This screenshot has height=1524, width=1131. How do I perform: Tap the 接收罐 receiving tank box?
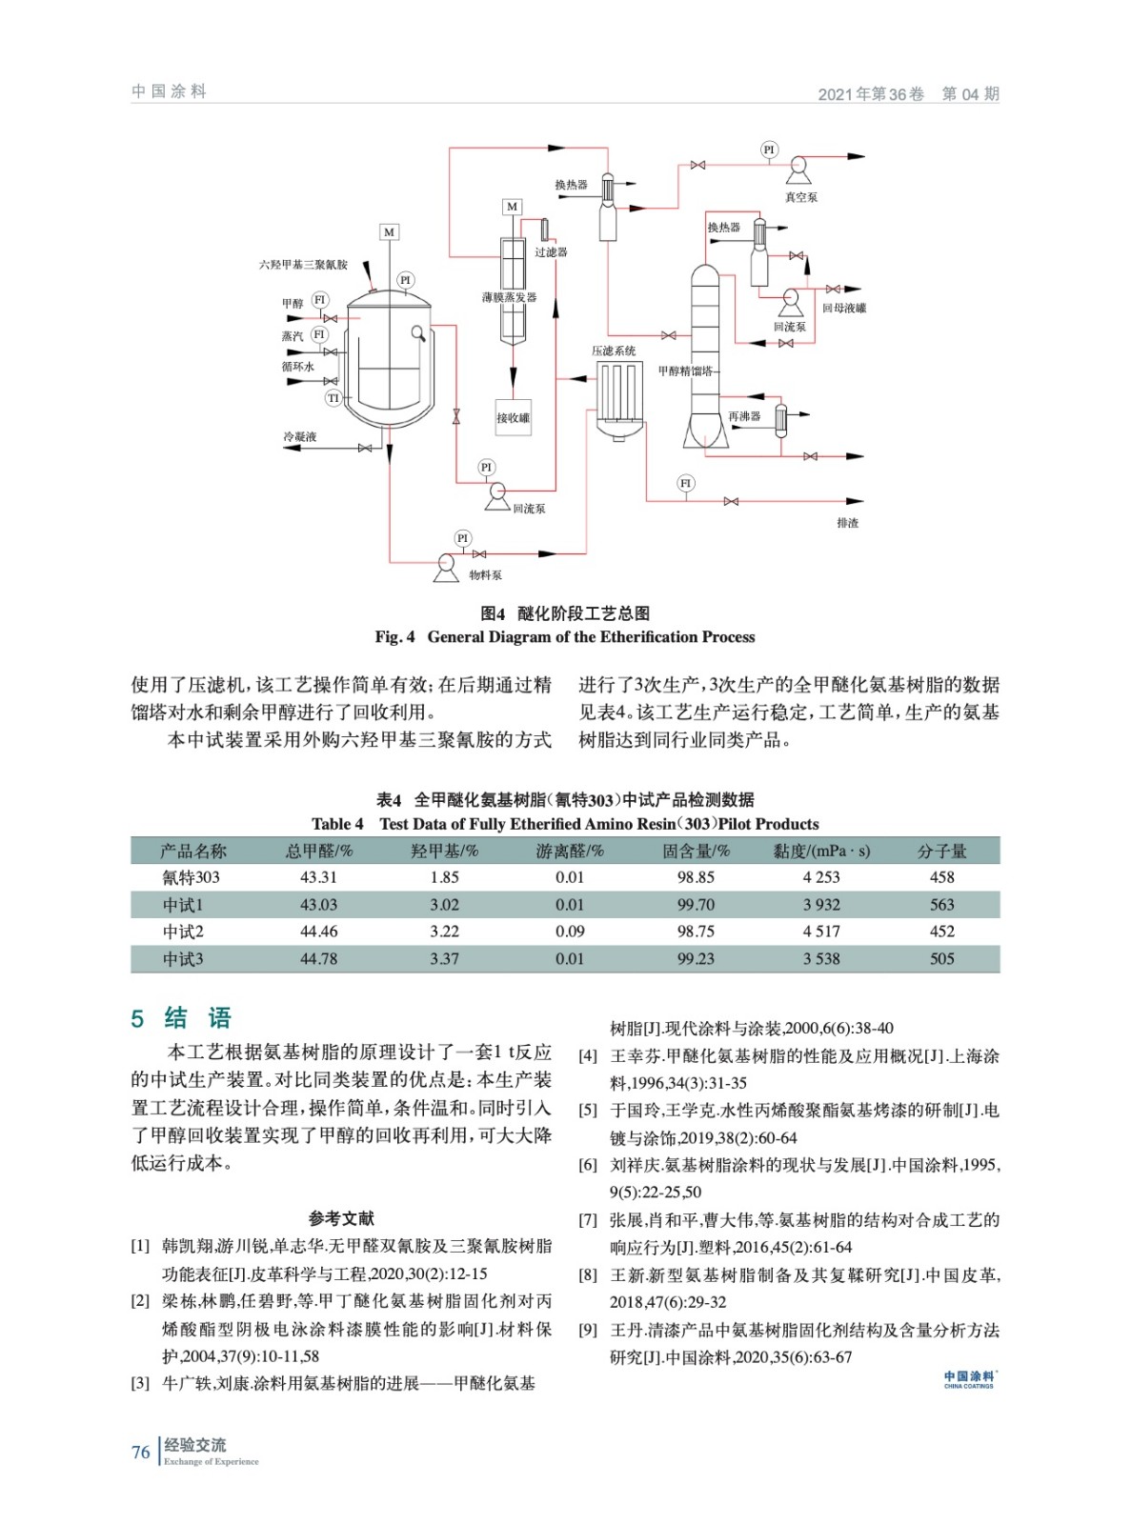tap(513, 417)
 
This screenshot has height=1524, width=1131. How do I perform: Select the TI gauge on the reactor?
tap(333, 398)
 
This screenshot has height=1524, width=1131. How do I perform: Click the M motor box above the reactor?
tap(389, 232)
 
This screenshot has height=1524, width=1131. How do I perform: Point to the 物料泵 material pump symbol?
tap(445, 564)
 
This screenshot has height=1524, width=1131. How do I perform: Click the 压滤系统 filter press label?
tap(614, 351)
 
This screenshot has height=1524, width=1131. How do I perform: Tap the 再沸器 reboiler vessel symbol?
tap(781, 418)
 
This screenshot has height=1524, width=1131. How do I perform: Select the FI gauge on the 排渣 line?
tap(685, 483)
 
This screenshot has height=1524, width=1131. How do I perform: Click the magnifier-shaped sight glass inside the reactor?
tap(418, 332)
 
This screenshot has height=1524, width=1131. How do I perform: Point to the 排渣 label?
tap(847, 523)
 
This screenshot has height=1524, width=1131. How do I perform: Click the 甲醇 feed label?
tap(292, 303)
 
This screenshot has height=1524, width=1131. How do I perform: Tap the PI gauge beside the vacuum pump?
tap(769, 150)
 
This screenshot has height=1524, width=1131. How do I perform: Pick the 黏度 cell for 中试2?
tap(820, 932)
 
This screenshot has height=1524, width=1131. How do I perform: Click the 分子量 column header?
tap(941, 851)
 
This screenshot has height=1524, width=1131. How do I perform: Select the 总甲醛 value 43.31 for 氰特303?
tap(318, 877)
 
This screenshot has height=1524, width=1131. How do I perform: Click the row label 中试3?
tap(183, 959)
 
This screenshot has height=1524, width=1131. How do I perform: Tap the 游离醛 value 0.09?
tap(570, 932)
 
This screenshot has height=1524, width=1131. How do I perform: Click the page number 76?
tap(141, 1453)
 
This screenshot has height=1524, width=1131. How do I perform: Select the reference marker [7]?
tap(588, 1220)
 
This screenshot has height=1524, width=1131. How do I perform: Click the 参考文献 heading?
tap(341, 1218)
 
